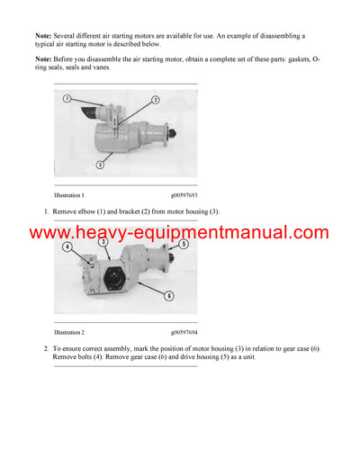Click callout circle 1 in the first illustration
pos(67,98)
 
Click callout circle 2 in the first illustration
pos(155,100)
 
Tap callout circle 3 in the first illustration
pos(101,166)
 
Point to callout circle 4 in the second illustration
pos(67,246)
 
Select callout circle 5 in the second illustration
pos(183,244)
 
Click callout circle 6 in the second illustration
pos(170,295)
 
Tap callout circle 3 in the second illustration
pos(104,241)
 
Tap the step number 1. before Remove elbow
pos(46,211)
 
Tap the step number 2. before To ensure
pos(46,348)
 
